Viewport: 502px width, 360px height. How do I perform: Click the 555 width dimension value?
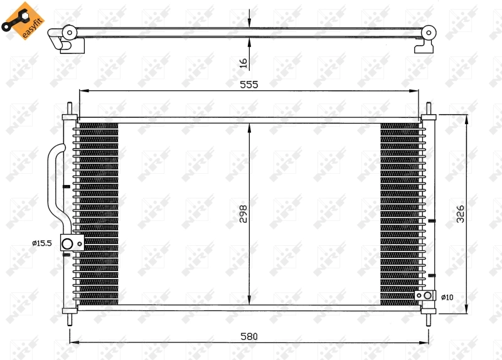pos(248,85)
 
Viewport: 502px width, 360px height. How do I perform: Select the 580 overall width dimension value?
pos(248,336)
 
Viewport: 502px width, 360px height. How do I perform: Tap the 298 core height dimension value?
pos(243,214)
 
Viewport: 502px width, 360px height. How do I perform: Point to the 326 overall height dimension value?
pos(460,214)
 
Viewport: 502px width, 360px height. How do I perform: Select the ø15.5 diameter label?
pos(42,243)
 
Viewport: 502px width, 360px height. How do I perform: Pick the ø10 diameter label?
pos(446,297)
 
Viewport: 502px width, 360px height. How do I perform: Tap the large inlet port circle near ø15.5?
pos(67,243)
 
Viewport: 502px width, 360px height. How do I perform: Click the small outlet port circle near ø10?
pos(427,295)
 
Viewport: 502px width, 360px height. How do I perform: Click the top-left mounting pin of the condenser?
pos(69,109)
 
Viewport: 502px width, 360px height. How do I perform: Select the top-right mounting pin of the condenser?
pos(429,109)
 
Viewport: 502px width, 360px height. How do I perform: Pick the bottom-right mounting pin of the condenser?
pos(429,319)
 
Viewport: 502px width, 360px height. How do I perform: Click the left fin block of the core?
pos(96,214)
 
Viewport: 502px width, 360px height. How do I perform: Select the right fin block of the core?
pos(400,214)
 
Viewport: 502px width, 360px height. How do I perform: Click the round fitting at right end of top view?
pos(430,32)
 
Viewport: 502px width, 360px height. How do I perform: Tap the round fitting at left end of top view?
pos(68,32)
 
